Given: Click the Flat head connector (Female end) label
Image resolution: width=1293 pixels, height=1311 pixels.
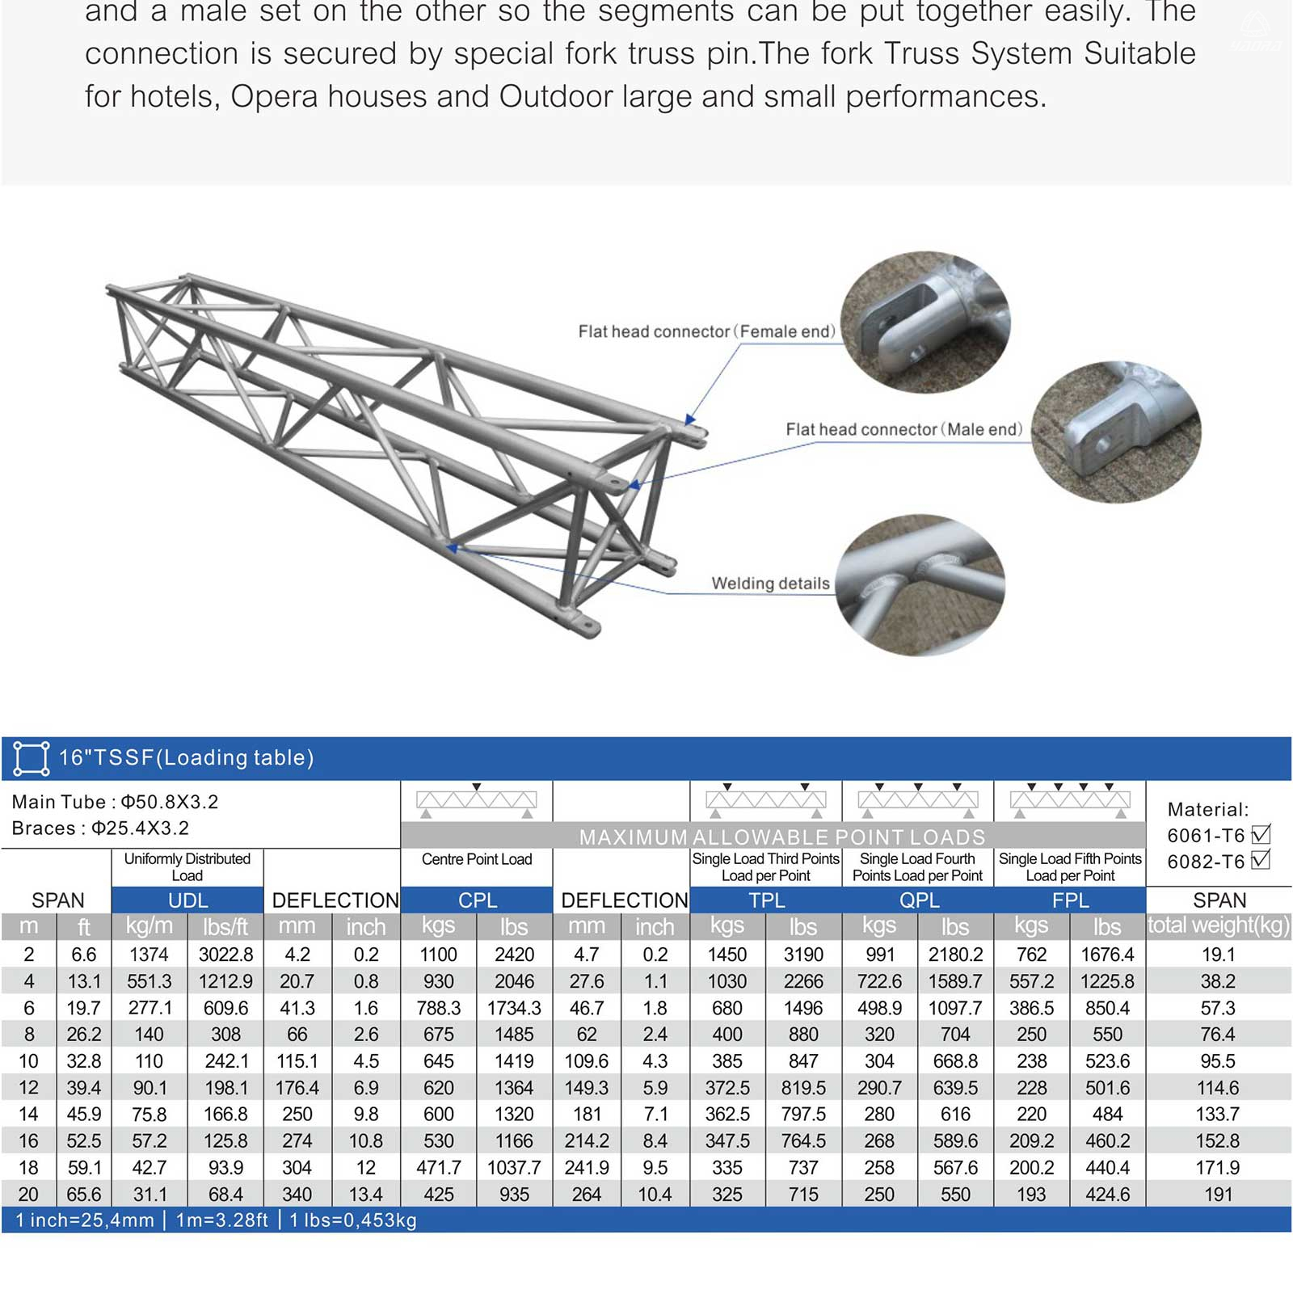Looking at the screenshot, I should (706, 331).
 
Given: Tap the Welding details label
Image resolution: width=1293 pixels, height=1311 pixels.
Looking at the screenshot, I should (770, 584).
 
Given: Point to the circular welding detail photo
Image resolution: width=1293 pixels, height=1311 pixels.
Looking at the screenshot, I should (920, 584).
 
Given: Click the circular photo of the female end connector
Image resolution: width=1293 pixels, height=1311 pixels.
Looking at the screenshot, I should (925, 322).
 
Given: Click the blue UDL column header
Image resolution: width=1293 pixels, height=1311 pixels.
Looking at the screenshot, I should (187, 900).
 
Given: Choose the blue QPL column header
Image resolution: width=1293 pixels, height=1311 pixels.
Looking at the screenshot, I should (919, 900).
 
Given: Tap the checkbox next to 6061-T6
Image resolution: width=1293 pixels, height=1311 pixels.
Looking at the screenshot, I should (1260, 834).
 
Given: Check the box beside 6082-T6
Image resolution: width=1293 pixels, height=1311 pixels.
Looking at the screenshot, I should (1260, 860).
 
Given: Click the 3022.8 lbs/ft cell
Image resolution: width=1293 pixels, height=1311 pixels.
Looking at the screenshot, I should (225, 955).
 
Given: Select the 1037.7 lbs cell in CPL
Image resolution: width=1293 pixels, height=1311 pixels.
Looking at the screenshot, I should (514, 1168).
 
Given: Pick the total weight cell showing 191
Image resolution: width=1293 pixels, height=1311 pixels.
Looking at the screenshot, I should (1218, 1195).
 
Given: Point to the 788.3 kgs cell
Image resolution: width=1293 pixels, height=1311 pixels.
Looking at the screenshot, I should (439, 1008).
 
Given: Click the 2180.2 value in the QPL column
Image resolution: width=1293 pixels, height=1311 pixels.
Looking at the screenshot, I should (955, 955).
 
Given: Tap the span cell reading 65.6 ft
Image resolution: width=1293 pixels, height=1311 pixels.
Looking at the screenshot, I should (83, 1195).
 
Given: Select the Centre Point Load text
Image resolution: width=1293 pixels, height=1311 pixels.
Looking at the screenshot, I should (477, 859).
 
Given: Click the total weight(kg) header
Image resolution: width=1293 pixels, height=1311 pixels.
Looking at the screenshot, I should (1219, 925).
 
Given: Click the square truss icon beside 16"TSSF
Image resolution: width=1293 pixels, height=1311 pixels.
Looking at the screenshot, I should (32, 758).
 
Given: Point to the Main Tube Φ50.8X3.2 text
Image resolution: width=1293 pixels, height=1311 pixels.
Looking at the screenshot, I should (115, 802).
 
